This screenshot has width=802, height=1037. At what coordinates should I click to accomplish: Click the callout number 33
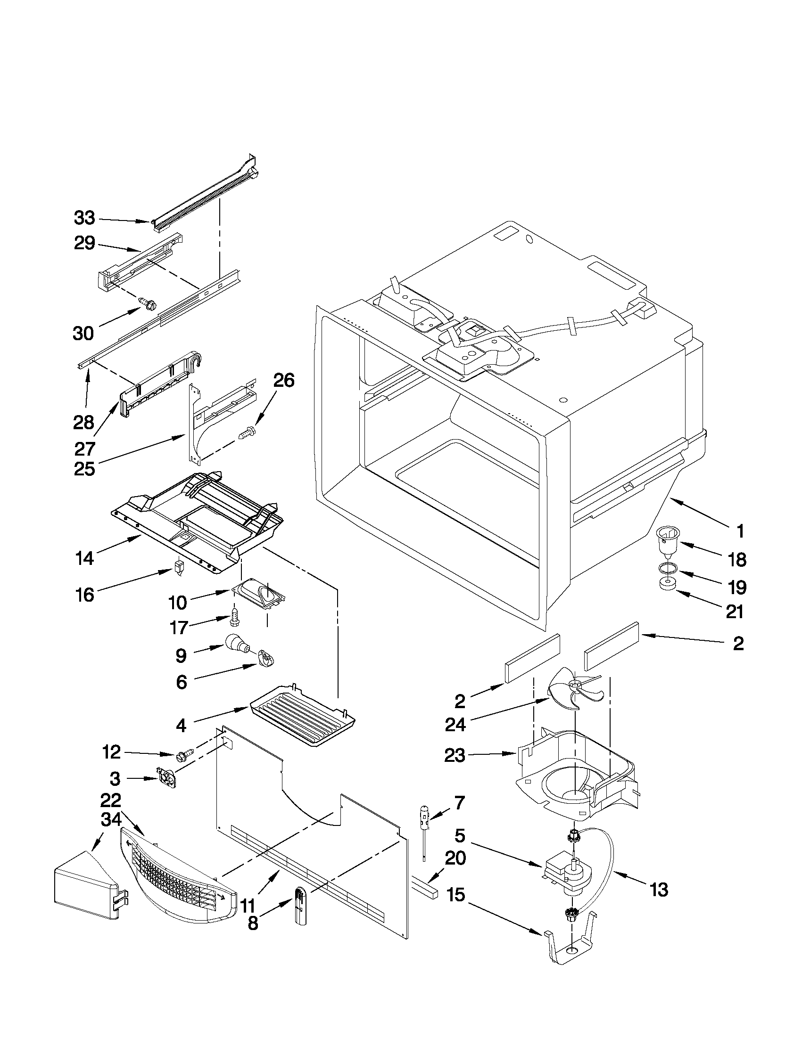[x=84, y=219]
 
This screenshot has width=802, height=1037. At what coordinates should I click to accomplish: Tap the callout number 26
[x=283, y=380]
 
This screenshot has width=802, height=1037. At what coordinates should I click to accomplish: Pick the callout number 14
[x=84, y=558]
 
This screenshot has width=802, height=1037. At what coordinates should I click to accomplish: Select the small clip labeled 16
[x=179, y=567]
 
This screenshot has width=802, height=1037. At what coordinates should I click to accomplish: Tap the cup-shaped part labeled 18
[x=668, y=540]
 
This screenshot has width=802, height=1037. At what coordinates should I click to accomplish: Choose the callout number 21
[x=735, y=611]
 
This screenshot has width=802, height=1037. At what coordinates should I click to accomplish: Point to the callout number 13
[x=659, y=890]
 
